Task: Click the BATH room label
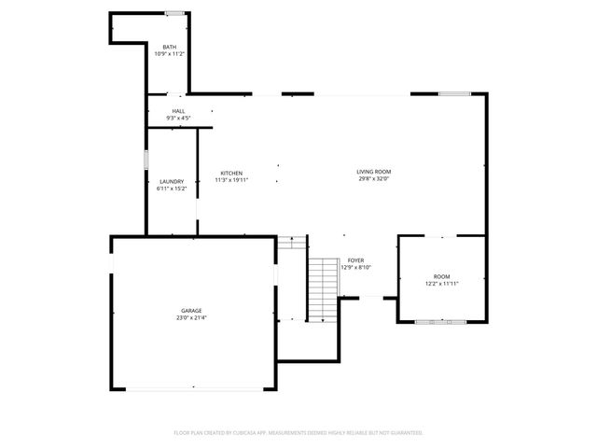click(x=170, y=47)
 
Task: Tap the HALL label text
click(x=178, y=111)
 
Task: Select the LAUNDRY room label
click(x=172, y=181)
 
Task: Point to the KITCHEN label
click(x=231, y=173)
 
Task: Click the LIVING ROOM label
click(x=373, y=172)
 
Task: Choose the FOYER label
click(x=355, y=260)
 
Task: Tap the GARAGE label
click(x=192, y=311)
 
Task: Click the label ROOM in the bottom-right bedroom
click(x=441, y=277)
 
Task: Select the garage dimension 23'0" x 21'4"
click(x=192, y=318)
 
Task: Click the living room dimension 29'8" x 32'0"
click(x=373, y=179)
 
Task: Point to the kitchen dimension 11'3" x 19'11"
click(x=231, y=180)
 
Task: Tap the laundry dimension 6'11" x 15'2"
click(x=172, y=189)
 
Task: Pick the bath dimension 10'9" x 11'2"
click(x=170, y=54)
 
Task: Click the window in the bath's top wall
click(x=174, y=13)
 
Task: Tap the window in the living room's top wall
click(x=454, y=93)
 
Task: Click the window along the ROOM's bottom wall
click(x=442, y=322)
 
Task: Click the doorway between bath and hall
click(x=174, y=94)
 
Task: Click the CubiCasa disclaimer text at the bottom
click(x=298, y=433)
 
